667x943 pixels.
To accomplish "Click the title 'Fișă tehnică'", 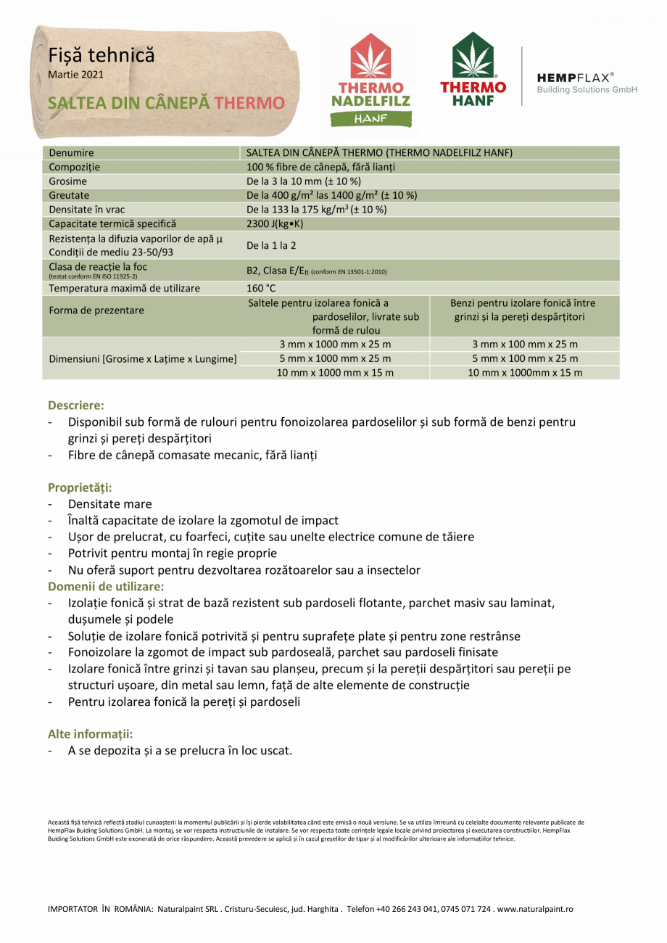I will (x=101, y=55).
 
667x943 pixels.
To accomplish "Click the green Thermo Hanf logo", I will (x=473, y=70).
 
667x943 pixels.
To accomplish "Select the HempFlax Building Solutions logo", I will (x=587, y=82).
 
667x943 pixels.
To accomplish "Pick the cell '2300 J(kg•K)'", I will (x=275, y=223).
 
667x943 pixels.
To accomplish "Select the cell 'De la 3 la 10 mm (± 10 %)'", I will (x=304, y=181).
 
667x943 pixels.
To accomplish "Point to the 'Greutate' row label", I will (x=69, y=195).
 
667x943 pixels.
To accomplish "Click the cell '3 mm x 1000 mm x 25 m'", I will (x=334, y=344).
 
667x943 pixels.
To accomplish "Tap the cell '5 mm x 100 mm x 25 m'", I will (x=524, y=358).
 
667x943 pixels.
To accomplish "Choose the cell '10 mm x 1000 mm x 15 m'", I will (x=334, y=373).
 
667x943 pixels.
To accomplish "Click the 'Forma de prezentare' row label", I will (x=96, y=310).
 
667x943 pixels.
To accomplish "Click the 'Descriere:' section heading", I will (x=76, y=405).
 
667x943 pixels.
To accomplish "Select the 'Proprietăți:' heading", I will (x=80, y=487).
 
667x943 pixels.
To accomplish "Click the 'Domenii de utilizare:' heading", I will (x=106, y=585).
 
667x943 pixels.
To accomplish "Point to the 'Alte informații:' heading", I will (x=90, y=733).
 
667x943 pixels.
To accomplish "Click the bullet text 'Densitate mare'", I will (x=110, y=503).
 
